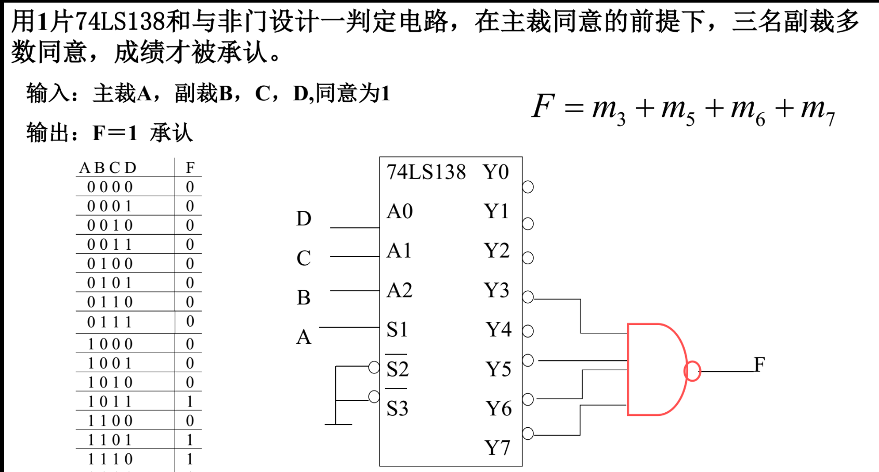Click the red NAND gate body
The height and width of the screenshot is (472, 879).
click(x=655, y=369)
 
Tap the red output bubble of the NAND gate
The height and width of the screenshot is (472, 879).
click(x=692, y=371)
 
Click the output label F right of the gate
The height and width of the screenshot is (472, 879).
click(x=759, y=365)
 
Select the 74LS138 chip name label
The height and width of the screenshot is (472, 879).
click(x=426, y=172)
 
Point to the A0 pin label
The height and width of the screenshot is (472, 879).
click(x=400, y=211)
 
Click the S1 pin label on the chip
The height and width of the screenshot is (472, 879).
click(x=397, y=330)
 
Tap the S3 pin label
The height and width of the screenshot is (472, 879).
click(x=397, y=409)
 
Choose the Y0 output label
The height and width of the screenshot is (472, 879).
click(x=496, y=172)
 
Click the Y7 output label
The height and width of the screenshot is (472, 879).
click(x=497, y=448)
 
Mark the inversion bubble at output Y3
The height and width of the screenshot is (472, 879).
click(x=528, y=297)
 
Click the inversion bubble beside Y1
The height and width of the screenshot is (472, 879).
click(x=528, y=224)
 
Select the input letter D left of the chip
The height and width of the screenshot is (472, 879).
click(x=304, y=219)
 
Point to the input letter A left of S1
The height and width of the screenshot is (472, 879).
click(x=304, y=338)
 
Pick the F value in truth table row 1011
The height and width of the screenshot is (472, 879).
click(x=190, y=401)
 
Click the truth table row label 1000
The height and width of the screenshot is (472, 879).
click(x=110, y=344)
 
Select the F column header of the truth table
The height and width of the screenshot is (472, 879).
click(x=190, y=168)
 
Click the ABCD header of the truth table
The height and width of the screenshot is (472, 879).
click(x=108, y=168)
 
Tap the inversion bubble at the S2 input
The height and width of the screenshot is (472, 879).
click(x=374, y=368)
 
